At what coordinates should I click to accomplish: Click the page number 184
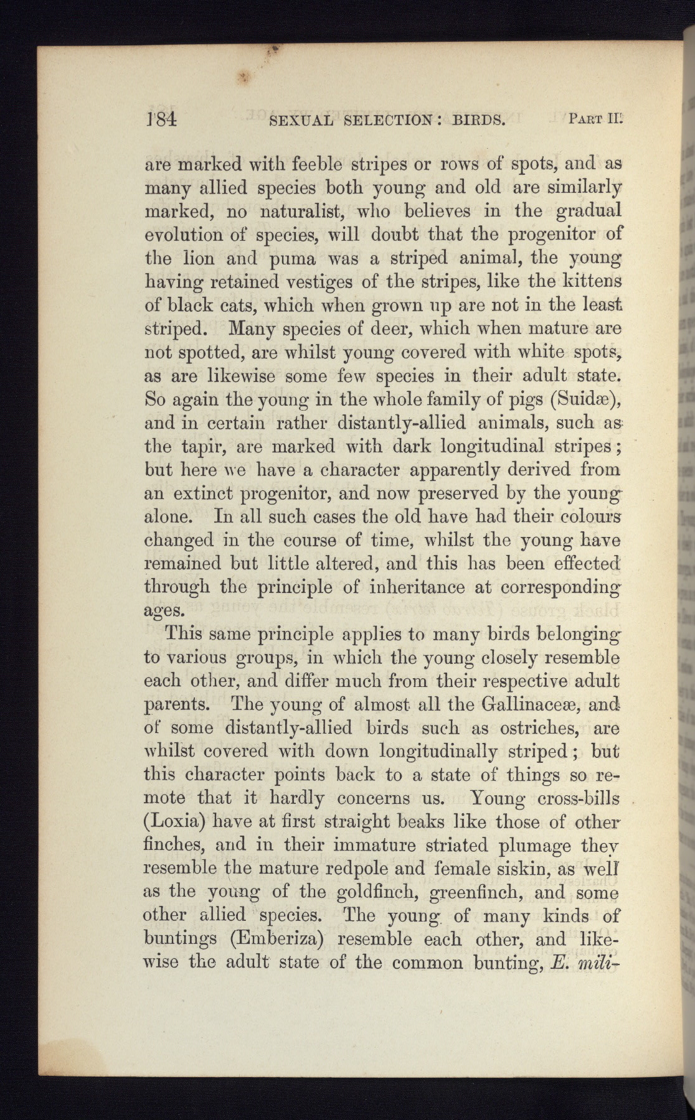click(161, 118)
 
